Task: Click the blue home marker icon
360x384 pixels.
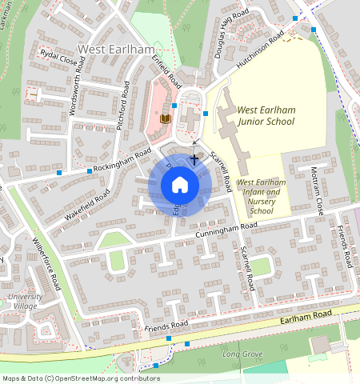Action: coord(180,185)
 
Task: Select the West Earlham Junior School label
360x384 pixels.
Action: coord(267,114)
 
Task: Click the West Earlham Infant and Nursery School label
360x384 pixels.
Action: coord(261,197)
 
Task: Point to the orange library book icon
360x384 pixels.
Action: coord(166,118)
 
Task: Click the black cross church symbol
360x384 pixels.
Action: coord(194,160)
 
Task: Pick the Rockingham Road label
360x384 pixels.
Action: coord(122,161)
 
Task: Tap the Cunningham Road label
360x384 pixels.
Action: coord(226,230)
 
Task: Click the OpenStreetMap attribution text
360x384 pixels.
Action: coord(81,378)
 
